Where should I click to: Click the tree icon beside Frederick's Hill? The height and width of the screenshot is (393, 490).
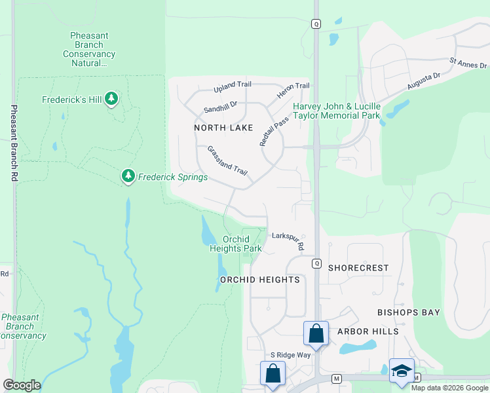(x=111, y=99)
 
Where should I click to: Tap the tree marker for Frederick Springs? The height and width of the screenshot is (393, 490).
(x=128, y=176)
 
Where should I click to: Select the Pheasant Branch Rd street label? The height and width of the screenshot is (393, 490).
(x=14, y=143)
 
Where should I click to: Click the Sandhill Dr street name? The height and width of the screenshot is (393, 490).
(x=220, y=105)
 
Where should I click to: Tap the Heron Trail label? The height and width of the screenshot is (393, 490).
(x=293, y=91)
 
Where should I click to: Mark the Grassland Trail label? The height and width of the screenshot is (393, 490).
(x=227, y=161)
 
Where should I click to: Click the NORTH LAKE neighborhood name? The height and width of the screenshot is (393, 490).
(x=223, y=128)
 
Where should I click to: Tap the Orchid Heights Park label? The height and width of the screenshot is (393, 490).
(x=236, y=244)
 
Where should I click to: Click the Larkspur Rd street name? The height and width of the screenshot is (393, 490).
(x=289, y=241)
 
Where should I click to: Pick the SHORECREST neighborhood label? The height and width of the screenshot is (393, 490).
(x=358, y=268)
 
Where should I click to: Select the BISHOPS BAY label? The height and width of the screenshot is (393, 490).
(x=408, y=312)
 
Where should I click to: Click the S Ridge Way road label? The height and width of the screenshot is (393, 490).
(x=286, y=354)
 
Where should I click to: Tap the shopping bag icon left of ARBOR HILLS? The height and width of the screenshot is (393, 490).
(x=316, y=333)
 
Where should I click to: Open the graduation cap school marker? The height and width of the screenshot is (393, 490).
(x=402, y=370)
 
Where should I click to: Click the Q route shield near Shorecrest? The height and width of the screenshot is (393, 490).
(x=316, y=263)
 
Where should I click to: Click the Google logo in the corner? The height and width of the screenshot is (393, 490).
(x=22, y=385)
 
